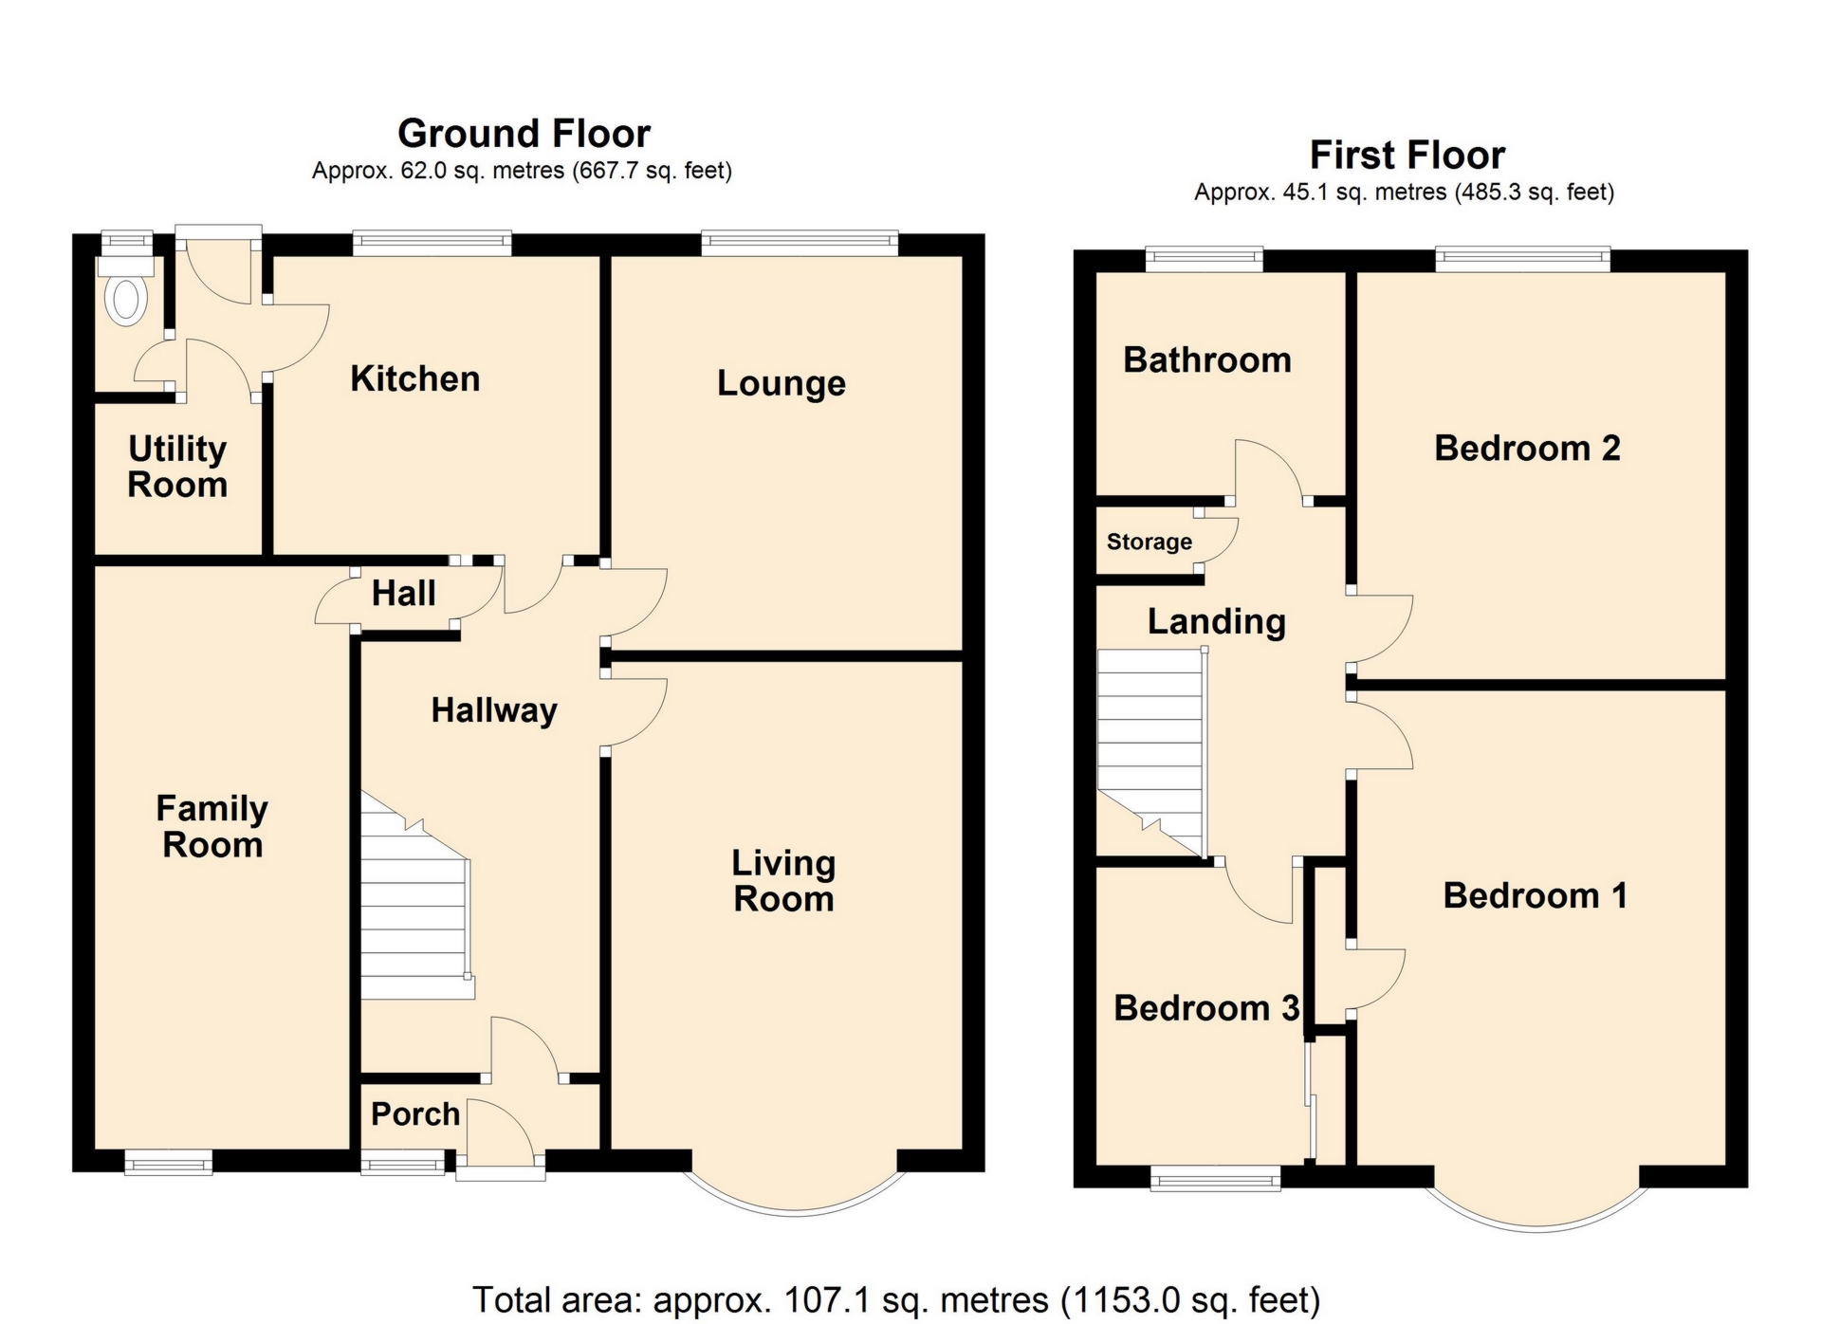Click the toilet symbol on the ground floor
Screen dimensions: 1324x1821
pyautogui.click(x=126, y=299)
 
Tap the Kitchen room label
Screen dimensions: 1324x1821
pyautogui.click(x=414, y=378)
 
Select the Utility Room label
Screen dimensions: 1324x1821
pyautogui.click(x=177, y=466)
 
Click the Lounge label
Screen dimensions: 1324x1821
pyautogui.click(x=781, y=383)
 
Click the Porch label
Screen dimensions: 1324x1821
pyautogui.click(x=414, y=1113)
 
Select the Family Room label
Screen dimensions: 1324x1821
pyautogui.click(x=212, y=826)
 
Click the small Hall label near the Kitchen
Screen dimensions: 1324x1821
pyautogui.click(x=403, y=594)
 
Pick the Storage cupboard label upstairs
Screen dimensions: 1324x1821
pyautogui.click(x=1149, y=542)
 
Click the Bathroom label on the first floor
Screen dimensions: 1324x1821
pyautogui.click(x=1206, y=360)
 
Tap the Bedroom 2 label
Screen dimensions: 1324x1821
pyautogui.click(x=1526, y=448)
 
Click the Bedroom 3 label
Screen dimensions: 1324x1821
pyautogui.click(x=1205, y=1007)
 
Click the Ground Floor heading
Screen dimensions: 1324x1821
pyautogui.click(x=524, y=134)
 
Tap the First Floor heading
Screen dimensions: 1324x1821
pyautogui.click(x=1407, y=155)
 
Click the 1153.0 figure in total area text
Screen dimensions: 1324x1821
pyautogui.click(x=1115, y=1299)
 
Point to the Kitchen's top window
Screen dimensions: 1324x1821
pyautogui.click(x=432, y=243)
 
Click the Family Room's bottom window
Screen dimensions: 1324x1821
pyautogui.click(x=168, y=1162)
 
